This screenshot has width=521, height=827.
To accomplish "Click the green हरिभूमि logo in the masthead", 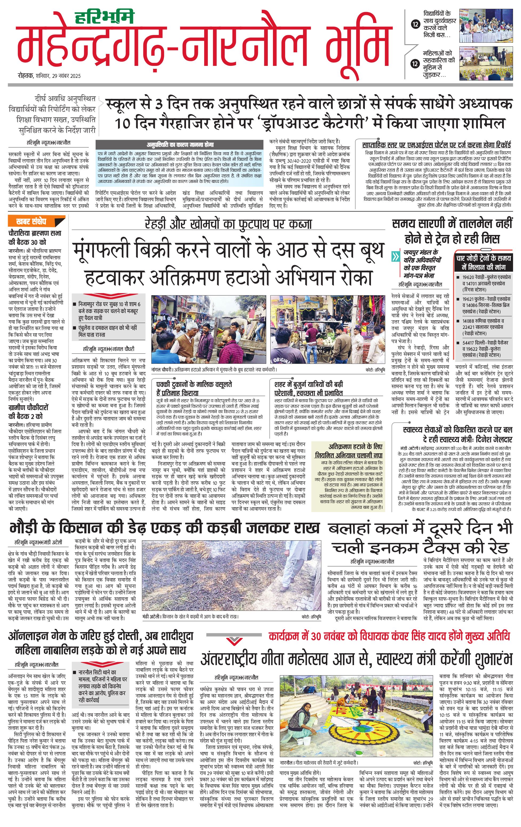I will click(x=104, y=17).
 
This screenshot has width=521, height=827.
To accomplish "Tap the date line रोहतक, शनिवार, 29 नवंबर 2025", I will click(x=49, y=76).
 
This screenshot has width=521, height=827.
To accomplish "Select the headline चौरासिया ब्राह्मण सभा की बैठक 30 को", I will click(x=35, y=237).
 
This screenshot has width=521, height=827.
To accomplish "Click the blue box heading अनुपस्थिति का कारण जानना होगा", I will click(x=180, y=144).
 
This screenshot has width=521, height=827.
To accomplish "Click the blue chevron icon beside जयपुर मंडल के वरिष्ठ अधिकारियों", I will click(x=397, y=256).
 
